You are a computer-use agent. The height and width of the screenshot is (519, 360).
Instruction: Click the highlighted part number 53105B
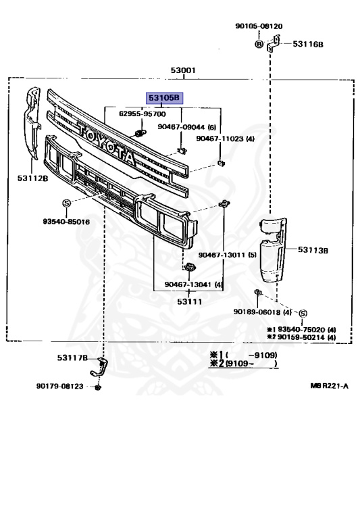tap(164, 98)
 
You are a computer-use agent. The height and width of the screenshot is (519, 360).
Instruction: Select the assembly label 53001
tap(183, 70)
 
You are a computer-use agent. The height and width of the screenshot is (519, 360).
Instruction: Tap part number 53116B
tap(308, 44)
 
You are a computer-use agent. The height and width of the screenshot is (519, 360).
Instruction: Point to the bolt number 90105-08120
tap(259, 26)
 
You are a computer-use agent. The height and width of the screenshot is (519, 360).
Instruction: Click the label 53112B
tap(32, 178)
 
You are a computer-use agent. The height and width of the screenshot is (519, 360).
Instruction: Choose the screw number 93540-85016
tap(66, 222)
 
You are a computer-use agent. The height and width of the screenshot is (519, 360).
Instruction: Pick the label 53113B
tap(313, 250)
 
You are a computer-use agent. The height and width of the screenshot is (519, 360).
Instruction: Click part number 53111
tap(189, 301)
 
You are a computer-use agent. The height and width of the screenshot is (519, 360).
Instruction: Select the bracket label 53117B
tap(72, 357)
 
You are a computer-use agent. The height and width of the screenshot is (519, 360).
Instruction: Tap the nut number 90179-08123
tap(60, 387)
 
